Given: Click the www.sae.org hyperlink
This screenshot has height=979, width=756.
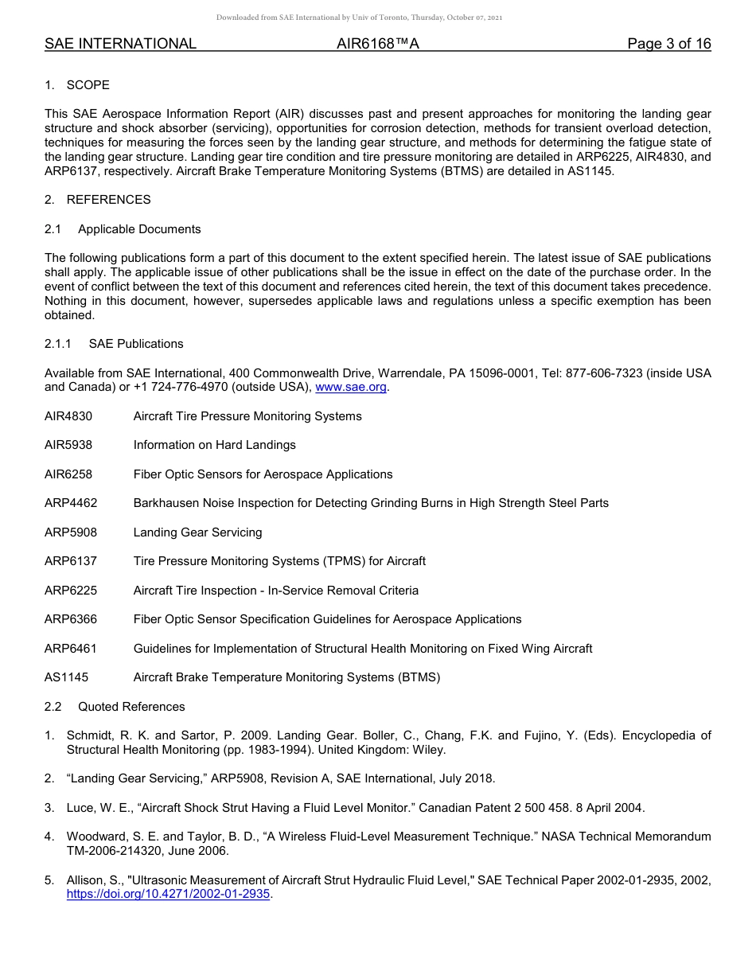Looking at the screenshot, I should (351, 388).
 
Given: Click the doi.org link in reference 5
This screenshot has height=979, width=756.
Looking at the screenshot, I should (169, 894).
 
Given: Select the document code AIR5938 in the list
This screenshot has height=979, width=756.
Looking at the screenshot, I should (68, 445).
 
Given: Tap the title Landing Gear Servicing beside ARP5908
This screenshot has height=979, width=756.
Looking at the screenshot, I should (197, 532).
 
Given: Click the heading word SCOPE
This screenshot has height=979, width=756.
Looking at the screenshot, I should (88, 85).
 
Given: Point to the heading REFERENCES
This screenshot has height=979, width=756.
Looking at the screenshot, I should (108, 200).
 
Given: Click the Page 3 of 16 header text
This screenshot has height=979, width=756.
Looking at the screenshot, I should (668, 44).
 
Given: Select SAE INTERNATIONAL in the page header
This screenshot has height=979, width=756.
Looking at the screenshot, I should (120, 44).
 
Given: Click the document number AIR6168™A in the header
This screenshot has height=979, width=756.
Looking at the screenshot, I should (378, 44).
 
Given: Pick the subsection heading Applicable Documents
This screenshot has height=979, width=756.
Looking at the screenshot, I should (139, 229).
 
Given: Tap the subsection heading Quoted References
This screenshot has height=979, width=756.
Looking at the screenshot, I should (131, 707).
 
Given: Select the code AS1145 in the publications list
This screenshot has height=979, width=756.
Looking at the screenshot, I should (67, 677).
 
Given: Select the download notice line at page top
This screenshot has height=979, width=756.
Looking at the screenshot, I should (359, 17).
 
